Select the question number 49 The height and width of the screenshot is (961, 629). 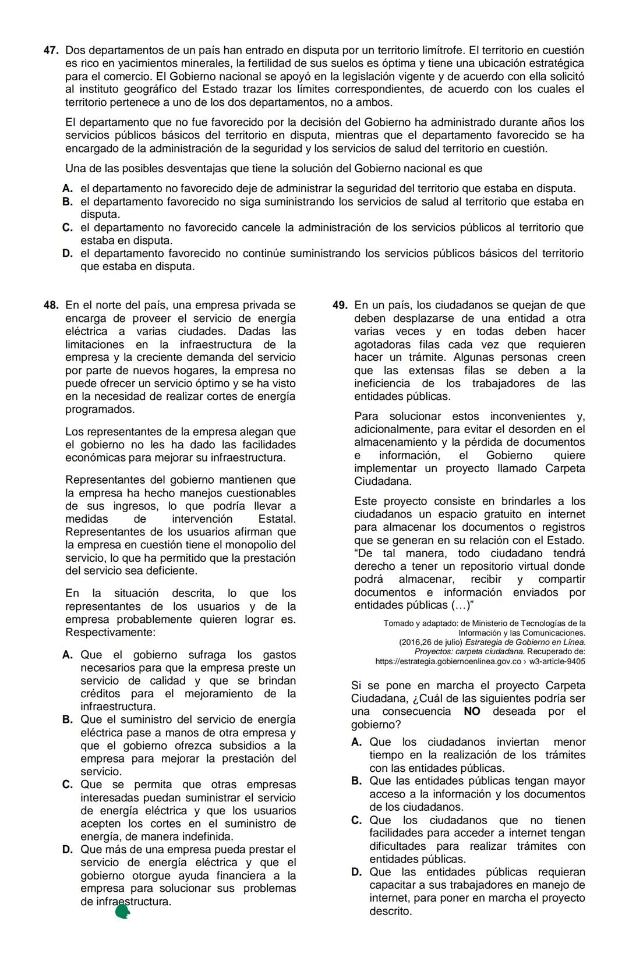[340, 305]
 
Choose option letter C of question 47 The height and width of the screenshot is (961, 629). [68, 228]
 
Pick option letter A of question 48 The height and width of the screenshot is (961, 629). [68, 655]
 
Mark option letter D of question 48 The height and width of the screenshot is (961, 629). [68, 849]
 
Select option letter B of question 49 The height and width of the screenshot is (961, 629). [356, 781]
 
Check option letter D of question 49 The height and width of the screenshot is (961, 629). [356, 872]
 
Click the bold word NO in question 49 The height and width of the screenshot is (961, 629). [472, 711]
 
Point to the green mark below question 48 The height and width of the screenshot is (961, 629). [122, 912]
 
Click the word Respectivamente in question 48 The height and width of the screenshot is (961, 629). [110, 632]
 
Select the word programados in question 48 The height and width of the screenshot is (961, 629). [100, 409]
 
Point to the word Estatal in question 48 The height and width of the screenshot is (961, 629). [276, 519]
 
